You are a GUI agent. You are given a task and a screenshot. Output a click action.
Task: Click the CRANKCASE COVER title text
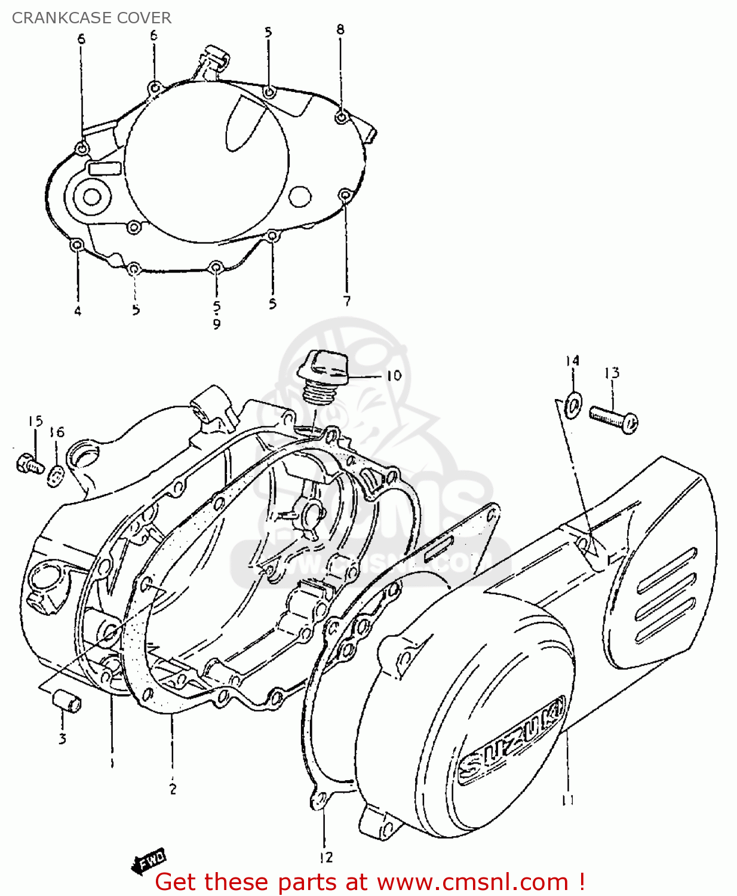click(x=91, y=18)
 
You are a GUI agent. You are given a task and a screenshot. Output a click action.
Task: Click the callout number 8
click(x=340, y=29)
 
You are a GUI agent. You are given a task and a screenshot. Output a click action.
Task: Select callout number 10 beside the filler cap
click(x=394, y=376)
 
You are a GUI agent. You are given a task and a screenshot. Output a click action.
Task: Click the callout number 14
click(x=572, y=361)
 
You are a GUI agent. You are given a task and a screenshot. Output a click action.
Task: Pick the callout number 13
click(x=612, y=373)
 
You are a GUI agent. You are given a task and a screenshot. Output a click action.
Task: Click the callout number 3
click(x=62, y=739)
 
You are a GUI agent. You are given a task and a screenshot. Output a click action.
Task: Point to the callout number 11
click(x=567, y=800)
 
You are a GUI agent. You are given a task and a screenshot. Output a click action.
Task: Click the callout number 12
click(x=325, y=858)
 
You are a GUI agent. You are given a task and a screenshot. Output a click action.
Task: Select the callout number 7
click(x=346, y=301)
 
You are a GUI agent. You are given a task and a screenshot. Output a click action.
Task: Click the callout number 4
click(x=78, y=311)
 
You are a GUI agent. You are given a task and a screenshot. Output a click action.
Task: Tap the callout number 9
click(x=216, y=324)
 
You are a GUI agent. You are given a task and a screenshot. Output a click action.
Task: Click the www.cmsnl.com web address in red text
click(x=473, y=882)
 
